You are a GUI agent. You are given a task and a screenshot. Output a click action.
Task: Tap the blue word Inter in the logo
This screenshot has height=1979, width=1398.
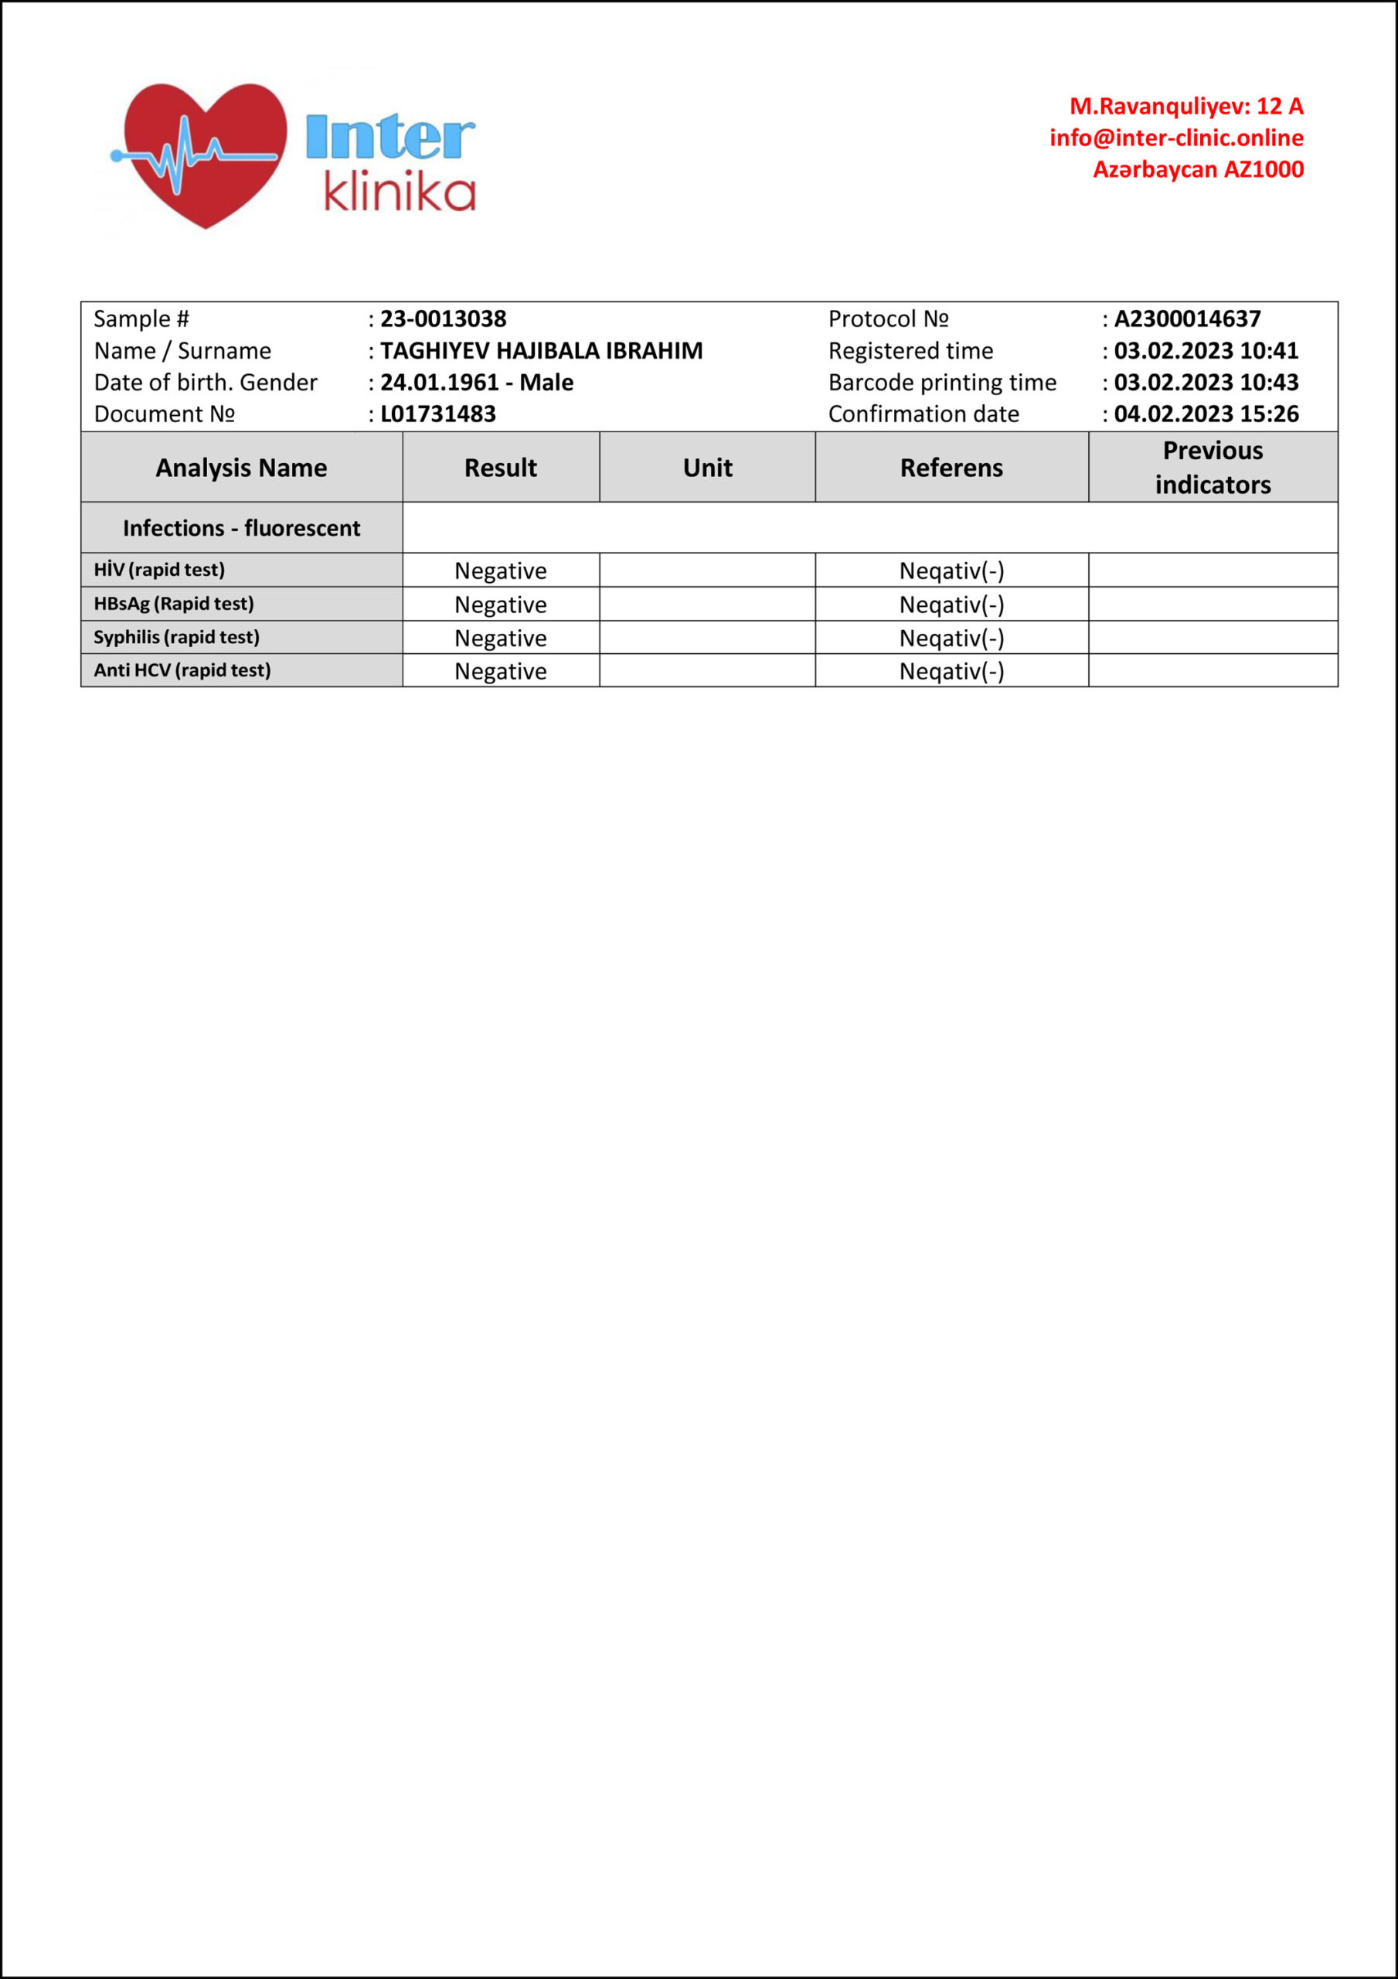pos(389,137)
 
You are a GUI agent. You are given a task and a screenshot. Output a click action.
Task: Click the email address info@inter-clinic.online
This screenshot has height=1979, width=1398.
pos(1175,138)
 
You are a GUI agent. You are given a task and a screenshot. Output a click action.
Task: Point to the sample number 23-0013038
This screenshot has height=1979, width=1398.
pos(443,319)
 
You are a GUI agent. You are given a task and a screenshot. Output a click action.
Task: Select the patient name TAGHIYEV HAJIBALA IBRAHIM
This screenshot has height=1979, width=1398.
pos(541,351)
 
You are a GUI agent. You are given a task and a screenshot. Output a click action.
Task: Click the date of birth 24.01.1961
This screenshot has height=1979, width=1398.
pos(440,383)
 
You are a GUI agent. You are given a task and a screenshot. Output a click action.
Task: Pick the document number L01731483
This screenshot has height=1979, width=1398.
pos(438,414)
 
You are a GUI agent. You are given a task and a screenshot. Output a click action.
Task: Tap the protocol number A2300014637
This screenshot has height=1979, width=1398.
pos(1187,319)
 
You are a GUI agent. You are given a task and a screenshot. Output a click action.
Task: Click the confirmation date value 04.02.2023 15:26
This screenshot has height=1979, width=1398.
pos(1206,414)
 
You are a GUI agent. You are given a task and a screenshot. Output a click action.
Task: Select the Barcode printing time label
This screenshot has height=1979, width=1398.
pos(942,383)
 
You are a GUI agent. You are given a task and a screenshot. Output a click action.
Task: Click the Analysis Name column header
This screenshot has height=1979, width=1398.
pos(241,468)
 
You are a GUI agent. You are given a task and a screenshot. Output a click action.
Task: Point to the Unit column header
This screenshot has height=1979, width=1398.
pos(708,468)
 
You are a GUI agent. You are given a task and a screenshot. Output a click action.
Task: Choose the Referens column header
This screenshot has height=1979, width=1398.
pos(951,468)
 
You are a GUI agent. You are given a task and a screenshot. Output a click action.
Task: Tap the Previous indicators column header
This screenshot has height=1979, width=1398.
pos(1213,468)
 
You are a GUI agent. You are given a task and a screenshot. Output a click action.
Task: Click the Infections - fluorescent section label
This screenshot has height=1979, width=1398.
pos(241,528)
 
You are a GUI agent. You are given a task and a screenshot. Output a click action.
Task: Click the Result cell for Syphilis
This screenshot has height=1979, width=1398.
pos(501,639)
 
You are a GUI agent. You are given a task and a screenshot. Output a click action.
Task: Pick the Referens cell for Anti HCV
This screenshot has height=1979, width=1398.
pos(951,672)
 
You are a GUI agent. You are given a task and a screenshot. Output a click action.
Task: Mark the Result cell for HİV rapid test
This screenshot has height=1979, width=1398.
pos(501,571)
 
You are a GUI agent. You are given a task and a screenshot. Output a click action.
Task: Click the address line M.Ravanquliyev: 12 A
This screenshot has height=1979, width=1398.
pos(1186,106)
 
